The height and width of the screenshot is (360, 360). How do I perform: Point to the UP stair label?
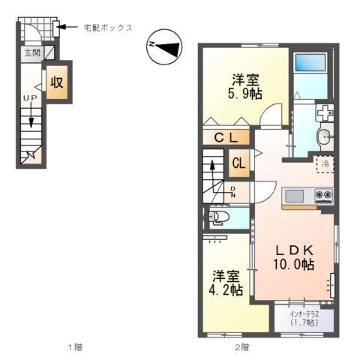coord(31,99)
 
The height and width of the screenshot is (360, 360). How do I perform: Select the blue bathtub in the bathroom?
coord(310,67)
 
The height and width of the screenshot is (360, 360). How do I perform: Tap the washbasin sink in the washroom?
coord(323,136)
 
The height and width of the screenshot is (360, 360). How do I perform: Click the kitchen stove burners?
coord(323,196)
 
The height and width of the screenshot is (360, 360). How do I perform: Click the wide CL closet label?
coord(226,138)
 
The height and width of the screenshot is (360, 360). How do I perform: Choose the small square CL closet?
coord(240,162)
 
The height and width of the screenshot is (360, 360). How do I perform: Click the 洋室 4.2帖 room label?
coord(226,283)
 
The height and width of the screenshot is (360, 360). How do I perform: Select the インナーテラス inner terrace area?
coord(304,319)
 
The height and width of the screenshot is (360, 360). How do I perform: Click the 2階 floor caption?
coord(241,347)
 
